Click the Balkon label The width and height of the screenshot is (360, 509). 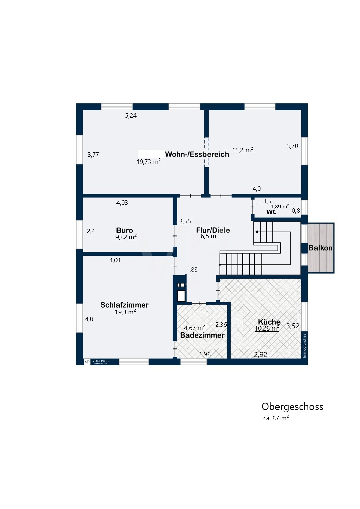320,248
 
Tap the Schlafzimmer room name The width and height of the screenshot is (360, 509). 124,305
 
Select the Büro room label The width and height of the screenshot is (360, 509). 124,230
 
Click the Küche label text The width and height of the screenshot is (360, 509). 269,322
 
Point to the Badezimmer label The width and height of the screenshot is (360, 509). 202,335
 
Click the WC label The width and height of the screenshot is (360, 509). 271,212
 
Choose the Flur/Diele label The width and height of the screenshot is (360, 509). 213,230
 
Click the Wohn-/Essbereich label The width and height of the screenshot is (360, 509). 197,154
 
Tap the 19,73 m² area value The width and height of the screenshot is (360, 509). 148,162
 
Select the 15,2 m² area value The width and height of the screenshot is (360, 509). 242,150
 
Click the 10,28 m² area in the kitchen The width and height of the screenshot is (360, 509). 267,328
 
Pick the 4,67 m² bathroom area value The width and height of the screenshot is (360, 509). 194,328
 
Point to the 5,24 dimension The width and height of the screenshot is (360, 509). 131,116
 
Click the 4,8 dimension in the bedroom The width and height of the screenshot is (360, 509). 89,319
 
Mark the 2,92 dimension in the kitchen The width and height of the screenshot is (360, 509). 260,355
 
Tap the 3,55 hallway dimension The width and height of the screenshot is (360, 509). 185,221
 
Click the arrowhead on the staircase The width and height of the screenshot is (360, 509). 257,232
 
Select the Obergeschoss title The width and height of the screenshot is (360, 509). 292,407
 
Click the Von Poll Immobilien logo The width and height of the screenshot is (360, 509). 97,362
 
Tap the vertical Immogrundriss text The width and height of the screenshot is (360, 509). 304,345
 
